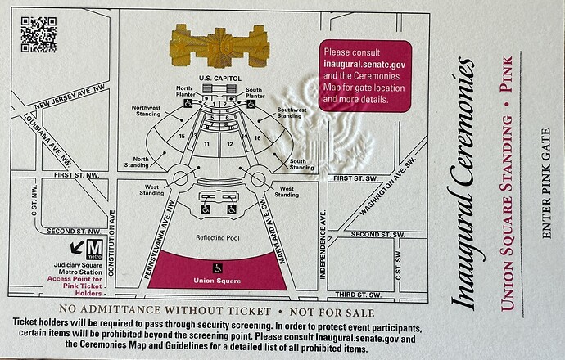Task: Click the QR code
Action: pos(38,34)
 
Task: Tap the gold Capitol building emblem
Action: pos(219,47)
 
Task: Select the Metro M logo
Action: pos(95,250)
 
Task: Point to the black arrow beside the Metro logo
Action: pos(77,247)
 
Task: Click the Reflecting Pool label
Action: pos(218,237)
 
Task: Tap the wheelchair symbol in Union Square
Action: pos(217,268)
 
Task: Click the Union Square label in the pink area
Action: pos(217,281)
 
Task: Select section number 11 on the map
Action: pos(206,144)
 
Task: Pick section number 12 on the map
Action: pos(230,144)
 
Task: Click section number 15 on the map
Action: pos(182,136)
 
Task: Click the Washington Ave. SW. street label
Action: pos(387,186)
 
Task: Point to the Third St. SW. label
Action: pos(358,295)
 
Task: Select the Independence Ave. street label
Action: pos(323,245)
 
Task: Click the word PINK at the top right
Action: pos(508,74)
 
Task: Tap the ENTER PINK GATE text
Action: pos(546,183)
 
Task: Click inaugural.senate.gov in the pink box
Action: pos(364,64)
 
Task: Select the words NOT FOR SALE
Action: pos(332,312)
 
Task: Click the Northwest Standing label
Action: pos(146,110)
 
